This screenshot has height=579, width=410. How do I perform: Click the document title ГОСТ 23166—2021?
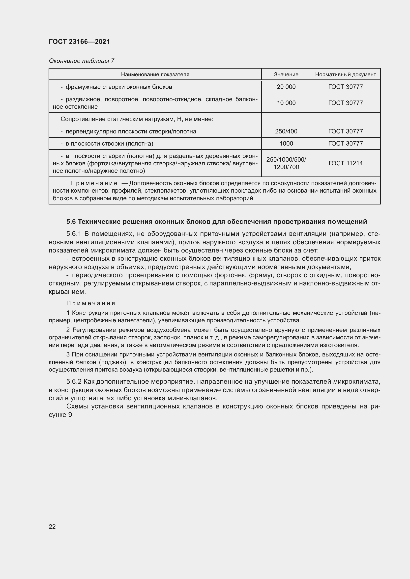[x=79, y=42]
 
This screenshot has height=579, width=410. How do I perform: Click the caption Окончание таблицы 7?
[x=81, y=61]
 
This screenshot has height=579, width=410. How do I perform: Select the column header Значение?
[x=286, y=75]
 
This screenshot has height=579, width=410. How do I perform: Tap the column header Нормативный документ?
[x=345, y=75]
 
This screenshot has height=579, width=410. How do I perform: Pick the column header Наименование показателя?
[x=155, y=75]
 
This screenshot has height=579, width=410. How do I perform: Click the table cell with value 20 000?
[x=286, y=87]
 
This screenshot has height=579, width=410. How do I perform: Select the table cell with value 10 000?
[x=286, y=103]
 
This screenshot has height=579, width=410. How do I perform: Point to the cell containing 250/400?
[x=286, y=131]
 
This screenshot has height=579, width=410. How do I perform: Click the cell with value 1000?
[x=286, y=144]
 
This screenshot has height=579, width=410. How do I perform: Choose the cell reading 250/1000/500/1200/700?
[x=286, y=163]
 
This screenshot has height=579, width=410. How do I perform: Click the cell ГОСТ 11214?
[x=345, y=163]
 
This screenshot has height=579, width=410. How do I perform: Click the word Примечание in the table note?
[x=94, y=183]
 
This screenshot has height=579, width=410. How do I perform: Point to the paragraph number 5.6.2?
[x=74, y=381]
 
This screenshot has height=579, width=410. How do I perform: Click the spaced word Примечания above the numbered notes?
[x=91, y=303]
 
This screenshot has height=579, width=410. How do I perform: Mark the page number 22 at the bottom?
[x=52, y=527]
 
